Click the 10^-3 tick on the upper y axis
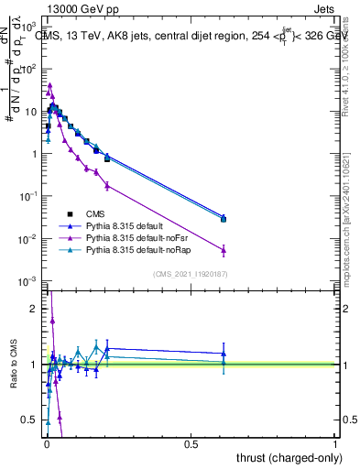coord(28,281)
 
